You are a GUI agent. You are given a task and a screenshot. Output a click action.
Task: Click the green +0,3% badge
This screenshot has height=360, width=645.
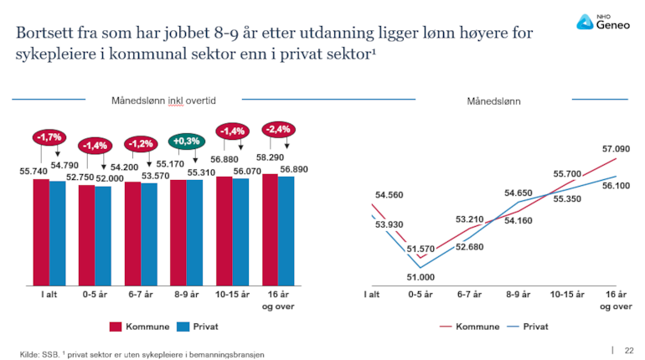[186, 141]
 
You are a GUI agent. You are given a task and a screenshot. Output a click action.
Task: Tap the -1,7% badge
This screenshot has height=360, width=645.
[49, 136]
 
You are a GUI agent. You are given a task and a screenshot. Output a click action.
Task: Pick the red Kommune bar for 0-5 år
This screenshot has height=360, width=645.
[86, 235]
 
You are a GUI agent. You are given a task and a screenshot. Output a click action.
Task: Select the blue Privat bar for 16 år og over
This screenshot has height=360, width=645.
[286, 230]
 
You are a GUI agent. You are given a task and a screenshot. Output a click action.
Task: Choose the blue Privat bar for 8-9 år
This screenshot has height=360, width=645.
[194, 232]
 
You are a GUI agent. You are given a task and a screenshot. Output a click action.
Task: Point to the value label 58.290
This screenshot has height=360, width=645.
[270, 157]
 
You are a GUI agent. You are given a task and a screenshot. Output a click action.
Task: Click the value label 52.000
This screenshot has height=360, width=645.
[109, 178]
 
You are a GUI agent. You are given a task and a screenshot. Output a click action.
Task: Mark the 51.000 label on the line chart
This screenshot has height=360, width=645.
[420, 277]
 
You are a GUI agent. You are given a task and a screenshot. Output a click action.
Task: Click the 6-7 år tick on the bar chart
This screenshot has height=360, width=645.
[140, 296]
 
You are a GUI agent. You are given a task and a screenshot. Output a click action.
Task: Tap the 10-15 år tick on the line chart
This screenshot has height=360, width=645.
[567, 295]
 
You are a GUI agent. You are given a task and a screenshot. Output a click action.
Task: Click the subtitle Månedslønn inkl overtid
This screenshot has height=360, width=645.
[164, 100]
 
